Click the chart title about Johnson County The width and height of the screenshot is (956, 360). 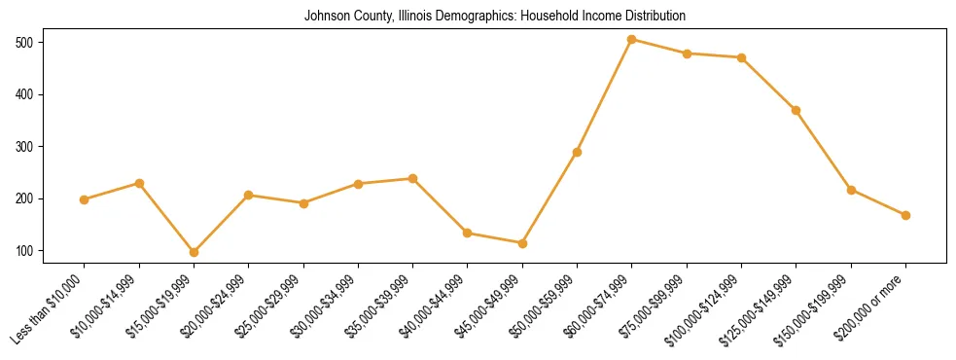click(495, 17)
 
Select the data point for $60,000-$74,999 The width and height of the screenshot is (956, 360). click(632, 40)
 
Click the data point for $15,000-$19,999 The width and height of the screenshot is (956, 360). click(194, 252)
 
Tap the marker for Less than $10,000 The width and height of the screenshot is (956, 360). click(85, 199)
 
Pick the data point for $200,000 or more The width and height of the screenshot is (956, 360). click(905, 215)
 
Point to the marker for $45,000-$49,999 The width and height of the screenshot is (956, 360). click(522, 243)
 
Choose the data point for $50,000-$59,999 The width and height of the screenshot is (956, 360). click(577, 152)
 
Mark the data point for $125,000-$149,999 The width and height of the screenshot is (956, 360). click(797, 111)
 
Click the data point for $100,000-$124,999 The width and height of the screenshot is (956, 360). click(741, 57)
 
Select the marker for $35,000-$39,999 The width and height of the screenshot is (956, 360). click(413, 179)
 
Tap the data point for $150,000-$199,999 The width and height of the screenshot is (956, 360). click(851, 190)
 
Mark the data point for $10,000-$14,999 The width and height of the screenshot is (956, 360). click(139, 183)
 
